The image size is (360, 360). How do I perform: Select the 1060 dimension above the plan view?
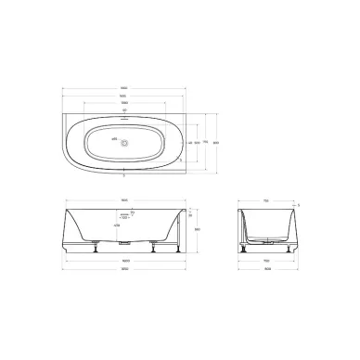(x=136, y=103)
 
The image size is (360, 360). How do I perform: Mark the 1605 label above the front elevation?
(x=136, y=199)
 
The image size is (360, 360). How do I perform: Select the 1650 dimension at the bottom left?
(x=136, y=270)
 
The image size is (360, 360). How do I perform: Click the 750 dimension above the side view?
(x=266, y=199)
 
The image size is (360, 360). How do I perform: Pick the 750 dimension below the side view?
(x=266, y=262)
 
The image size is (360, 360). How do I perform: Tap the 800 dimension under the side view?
(x=266, y=270)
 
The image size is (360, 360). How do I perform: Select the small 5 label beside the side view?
(x=298, y=205)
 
